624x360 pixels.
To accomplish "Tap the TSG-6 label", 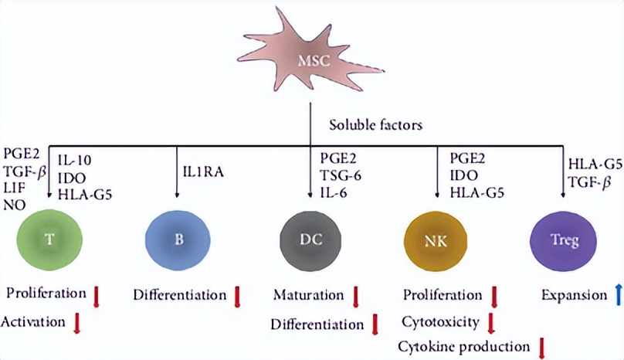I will coord(341,175).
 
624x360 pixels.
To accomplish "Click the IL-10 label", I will coord(75,161).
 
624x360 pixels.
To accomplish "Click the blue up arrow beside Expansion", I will coord(618,296).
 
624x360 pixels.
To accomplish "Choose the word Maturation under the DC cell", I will coord(308,295).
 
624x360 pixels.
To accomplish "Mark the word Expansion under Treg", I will coord(574,295).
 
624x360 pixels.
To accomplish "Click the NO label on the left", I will coord(13,206).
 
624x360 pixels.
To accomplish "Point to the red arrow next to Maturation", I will coord(356,296).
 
